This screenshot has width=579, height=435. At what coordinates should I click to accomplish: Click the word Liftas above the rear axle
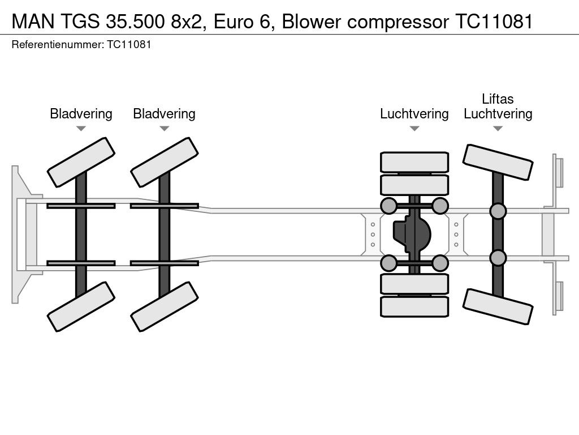point(498,99)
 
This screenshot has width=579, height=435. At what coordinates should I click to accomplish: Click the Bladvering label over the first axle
point(81,114)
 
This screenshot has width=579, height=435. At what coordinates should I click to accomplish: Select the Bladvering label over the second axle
point(164,114)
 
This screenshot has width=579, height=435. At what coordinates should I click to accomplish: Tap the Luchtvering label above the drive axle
point(414,114)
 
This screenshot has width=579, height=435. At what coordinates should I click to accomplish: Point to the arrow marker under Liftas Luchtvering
point(498,129)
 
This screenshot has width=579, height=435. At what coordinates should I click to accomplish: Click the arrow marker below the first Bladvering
point(81,129)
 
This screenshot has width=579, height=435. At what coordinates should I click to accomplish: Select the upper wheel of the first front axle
point(81,162)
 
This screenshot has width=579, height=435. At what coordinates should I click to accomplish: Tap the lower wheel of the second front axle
point(164,306)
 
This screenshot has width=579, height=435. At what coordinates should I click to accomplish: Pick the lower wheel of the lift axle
point(498,306)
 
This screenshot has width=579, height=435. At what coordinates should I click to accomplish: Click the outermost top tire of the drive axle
point(414,162)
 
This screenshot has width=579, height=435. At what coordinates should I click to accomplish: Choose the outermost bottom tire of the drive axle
point(414,306)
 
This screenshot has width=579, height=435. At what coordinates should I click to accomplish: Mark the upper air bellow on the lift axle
point(498,211)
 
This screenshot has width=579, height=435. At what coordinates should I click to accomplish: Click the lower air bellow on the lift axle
point(498,258)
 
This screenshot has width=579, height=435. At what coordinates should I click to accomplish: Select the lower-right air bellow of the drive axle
point(440,263)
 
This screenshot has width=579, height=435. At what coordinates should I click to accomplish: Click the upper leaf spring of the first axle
point(81,206)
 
